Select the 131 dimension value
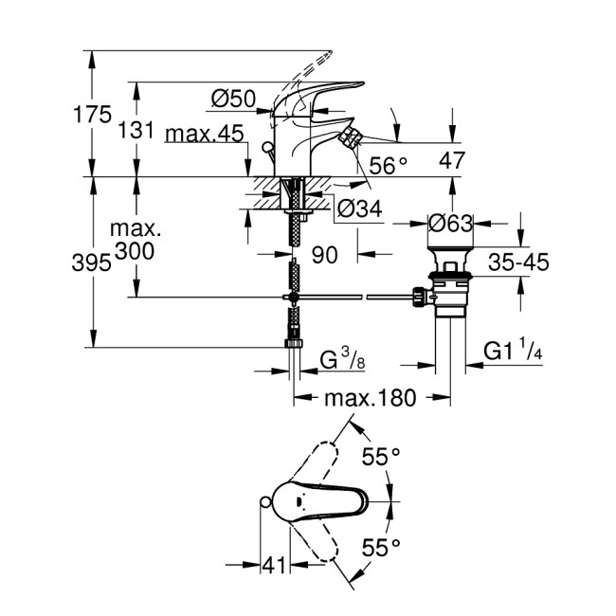pyautogui.click(x=136, y=130)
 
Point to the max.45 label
pyautogui.click(x=204, y=135)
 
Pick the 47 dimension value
pyautogui.click(x=453, y=162)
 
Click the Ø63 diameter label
pyautogui.click(x=450, y=225)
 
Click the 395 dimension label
pyautogui.click(x=92, y=265)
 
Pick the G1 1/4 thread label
pyautogui.click(x=512, y=352)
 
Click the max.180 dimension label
pyautogui.click(x=370, y=398)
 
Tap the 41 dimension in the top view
pyautogui.click(x=273, y=566)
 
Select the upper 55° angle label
pyautogui.click(x=381, y=457)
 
